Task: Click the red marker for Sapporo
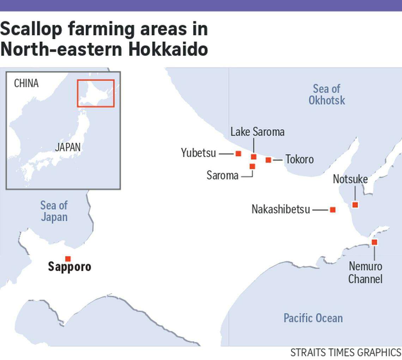[68, 259]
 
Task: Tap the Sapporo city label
[69, 267]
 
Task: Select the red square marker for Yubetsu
[238, 154]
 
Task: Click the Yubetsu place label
[198, 153]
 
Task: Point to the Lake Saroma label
[257, 132]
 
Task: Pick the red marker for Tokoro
[268, 160]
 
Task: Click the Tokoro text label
[299, 160]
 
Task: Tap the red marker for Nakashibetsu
[333, 210]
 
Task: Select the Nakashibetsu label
[281, 209]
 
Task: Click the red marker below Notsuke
[355, 205]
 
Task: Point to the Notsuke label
[350, 179]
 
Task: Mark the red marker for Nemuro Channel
[374, 242]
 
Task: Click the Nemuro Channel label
[365, 272]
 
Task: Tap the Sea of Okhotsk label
[327, 95]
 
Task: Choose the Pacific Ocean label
[313, 318]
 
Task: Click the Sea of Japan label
[54, 211]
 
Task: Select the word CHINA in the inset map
[26, 83]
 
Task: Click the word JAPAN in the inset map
[68, 147]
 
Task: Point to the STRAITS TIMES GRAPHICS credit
[346, 352]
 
